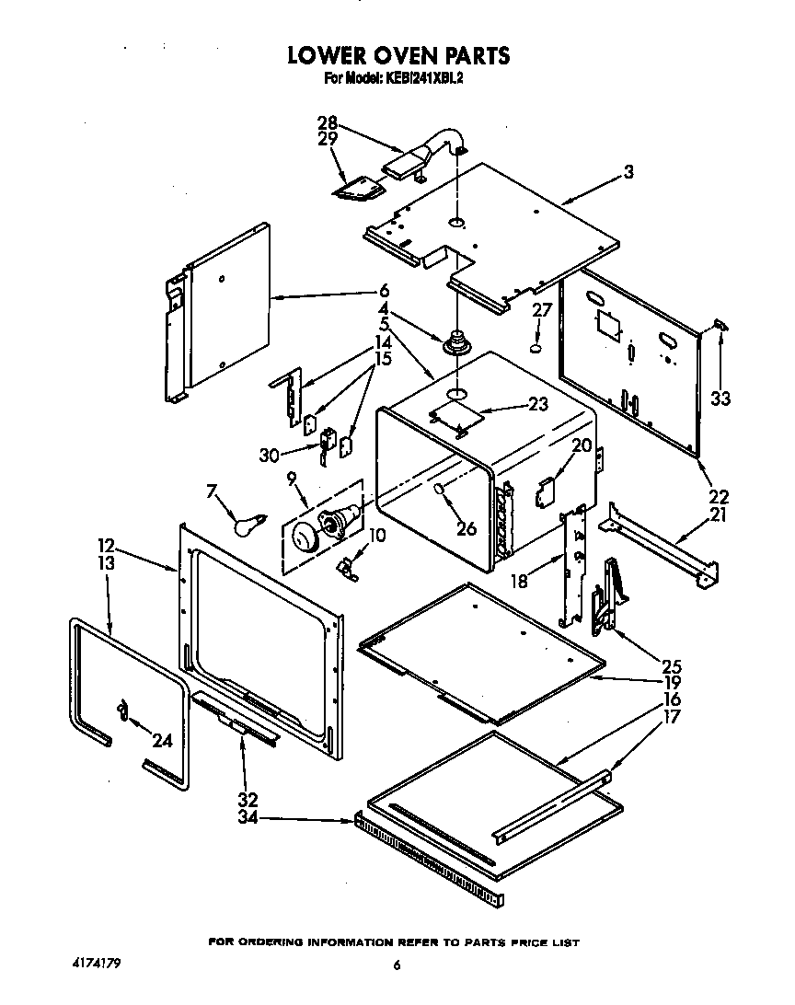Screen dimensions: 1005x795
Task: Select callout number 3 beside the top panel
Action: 628,171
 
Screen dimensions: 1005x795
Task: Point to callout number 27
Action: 542,310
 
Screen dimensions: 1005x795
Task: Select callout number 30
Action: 269,454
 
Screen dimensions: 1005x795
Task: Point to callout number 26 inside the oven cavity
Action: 466,527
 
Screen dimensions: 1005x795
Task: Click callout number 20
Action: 581,445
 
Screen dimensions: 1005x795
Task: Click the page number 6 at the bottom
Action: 397,965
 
